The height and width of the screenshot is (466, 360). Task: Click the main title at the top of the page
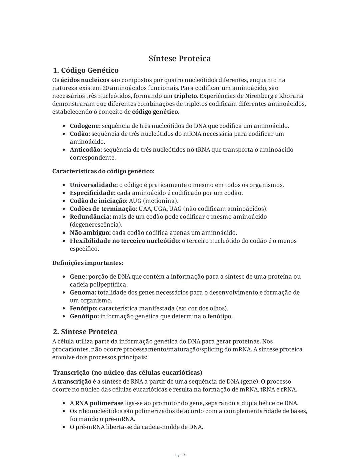180,59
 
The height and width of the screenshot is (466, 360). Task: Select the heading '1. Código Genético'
86,70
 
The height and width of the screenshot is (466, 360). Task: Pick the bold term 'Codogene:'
85,126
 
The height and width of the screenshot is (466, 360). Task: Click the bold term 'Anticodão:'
86,150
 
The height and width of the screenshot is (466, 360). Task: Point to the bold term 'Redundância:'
90,217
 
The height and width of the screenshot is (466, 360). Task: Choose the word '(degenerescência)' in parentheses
96,225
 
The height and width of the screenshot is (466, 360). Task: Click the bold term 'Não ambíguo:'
90,233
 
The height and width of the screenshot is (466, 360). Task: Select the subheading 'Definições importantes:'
88,263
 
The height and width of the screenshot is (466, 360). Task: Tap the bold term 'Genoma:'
83,293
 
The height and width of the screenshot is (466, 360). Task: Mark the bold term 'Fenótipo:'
84,308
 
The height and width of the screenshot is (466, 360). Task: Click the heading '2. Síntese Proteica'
85,332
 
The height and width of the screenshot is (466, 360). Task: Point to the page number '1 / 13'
180,455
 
